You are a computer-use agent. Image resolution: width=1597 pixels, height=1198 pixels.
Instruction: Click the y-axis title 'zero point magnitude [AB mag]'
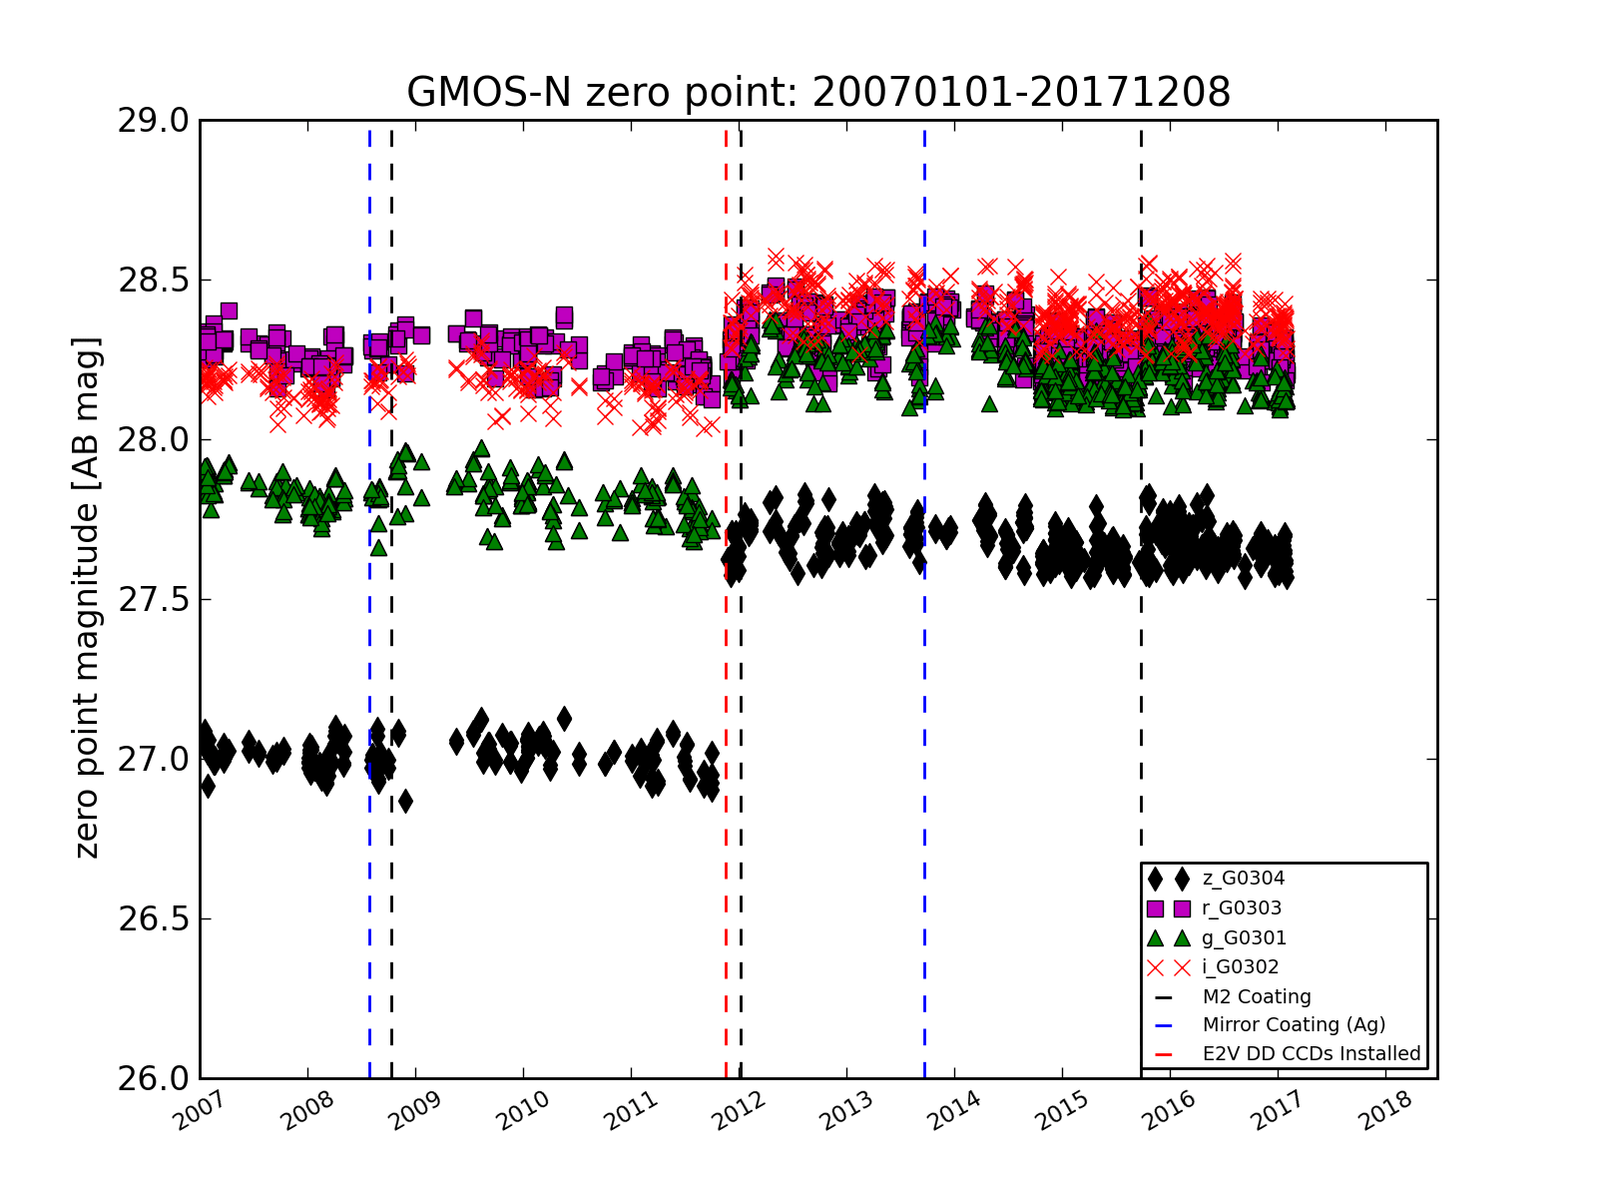pyautogui.click(x=87, y=598)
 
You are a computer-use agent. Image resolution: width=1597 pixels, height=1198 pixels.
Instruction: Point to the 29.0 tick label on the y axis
pyautogui.click(x=153, y=121)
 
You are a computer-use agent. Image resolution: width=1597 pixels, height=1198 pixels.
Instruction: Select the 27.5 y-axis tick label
pyautogui.click(x=153, y=600)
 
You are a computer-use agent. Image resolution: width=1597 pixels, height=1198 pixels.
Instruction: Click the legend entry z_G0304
pyautogui.click(x=1244, y=879)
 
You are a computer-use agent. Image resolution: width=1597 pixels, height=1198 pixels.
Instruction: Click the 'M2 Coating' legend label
pyautogui.click(x=1257, y=997)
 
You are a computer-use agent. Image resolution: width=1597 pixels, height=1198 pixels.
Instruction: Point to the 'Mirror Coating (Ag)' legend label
pyautogui.click(x=1294, y=1025)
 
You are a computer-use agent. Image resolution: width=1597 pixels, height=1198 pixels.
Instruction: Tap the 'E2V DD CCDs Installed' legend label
pyautogui.click(x=1312, y=1054)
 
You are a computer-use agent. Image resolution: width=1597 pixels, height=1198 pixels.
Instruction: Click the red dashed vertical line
pyautogui.click(x=726, y=600)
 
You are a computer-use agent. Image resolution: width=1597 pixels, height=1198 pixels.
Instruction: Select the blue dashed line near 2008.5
pyautogui.click(x=369, y=600)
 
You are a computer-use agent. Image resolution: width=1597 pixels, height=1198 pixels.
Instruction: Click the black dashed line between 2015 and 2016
pyautogui.click(x=1141, y=600)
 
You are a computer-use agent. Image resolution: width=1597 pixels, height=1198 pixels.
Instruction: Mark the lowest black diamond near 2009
pyautogui.click(x=405, y=802)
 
